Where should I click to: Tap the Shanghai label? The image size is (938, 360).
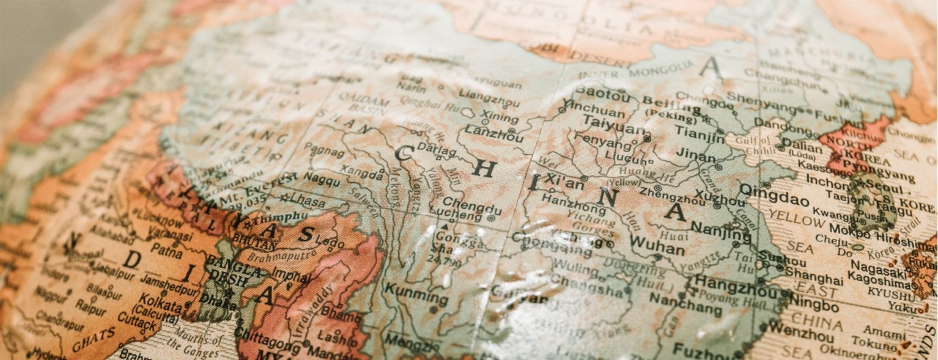pos(813,279)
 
